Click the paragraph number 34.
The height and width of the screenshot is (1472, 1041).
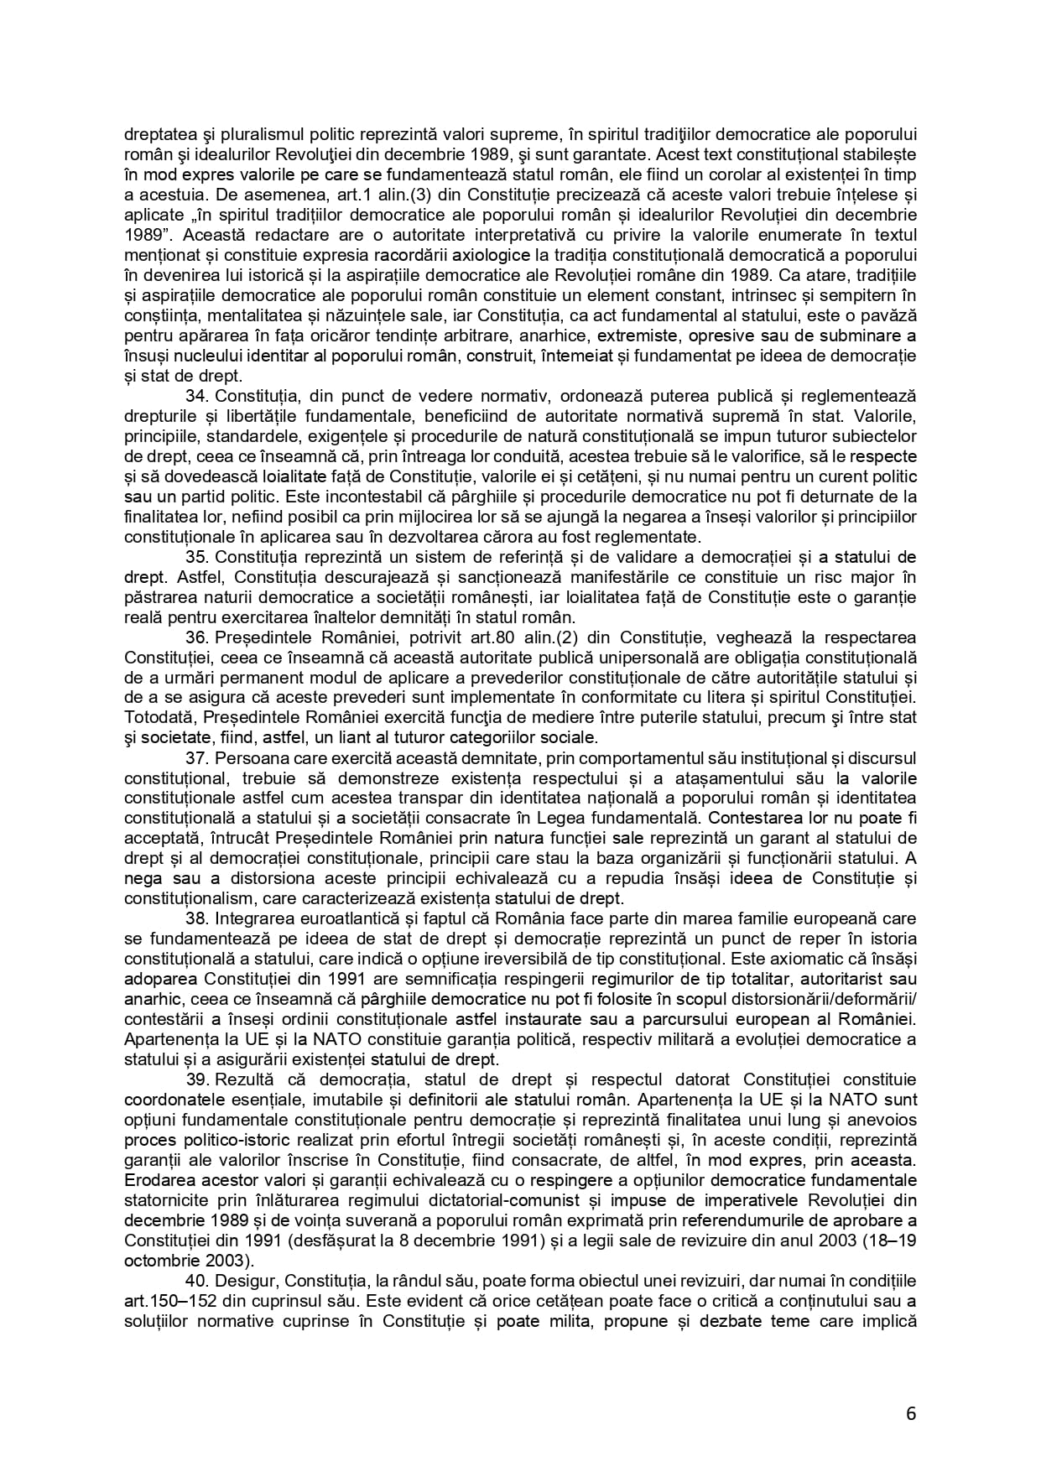tap(196, 396)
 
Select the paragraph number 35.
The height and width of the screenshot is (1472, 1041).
tap(196, 557)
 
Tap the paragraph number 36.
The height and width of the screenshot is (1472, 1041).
tap(196, 637)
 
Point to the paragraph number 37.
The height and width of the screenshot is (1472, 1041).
tap(196, 758)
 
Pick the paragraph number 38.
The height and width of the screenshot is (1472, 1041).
tap(196, 919)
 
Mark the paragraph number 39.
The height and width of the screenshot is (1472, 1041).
tap(196, 1080)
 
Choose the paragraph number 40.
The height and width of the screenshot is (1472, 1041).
tap(196, 1282)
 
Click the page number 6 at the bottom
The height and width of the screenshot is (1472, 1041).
tap(911, 1413)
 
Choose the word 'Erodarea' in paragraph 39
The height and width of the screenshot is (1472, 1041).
tap(157, 1181)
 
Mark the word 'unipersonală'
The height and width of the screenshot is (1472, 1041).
tap(581, 658)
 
